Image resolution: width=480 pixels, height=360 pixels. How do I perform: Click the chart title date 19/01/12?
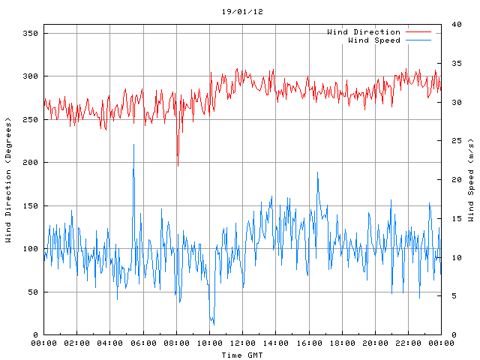pos(242,12)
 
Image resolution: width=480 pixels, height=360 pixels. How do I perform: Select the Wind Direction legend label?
pos(363,31)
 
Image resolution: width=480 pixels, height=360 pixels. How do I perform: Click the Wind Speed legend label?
pos(374,40)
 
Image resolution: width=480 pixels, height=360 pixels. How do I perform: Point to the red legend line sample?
pos(418,32)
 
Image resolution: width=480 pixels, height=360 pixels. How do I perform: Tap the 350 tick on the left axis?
pos(30,34)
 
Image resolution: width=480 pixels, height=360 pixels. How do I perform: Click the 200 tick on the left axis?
pos(30,163)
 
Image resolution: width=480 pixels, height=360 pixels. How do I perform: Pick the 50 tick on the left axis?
pos(32,292)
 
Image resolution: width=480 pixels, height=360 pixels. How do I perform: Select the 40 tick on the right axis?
pos(455,25)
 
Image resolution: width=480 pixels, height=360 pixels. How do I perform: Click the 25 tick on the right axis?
pos(455,141)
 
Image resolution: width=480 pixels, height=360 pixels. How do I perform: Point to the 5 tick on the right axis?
pos(453,296)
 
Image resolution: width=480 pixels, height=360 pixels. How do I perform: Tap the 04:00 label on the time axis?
pos(109,343)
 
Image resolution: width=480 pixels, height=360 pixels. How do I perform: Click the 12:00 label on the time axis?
pos(242,343)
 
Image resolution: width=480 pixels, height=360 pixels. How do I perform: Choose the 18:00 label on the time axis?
pos(341,343)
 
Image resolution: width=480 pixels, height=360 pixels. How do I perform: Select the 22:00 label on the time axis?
pos(408,343)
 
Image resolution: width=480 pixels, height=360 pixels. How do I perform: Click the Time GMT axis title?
pos(242,354)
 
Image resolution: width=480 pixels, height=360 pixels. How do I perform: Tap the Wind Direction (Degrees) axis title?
pos(9,180)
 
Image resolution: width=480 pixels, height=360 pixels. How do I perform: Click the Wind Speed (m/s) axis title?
pos(471,180)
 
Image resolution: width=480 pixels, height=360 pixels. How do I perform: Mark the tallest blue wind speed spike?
pos(133,145)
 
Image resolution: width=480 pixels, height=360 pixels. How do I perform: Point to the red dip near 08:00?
pos(178,164)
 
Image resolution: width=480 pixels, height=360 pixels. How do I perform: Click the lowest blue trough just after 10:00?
pos(212,323)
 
